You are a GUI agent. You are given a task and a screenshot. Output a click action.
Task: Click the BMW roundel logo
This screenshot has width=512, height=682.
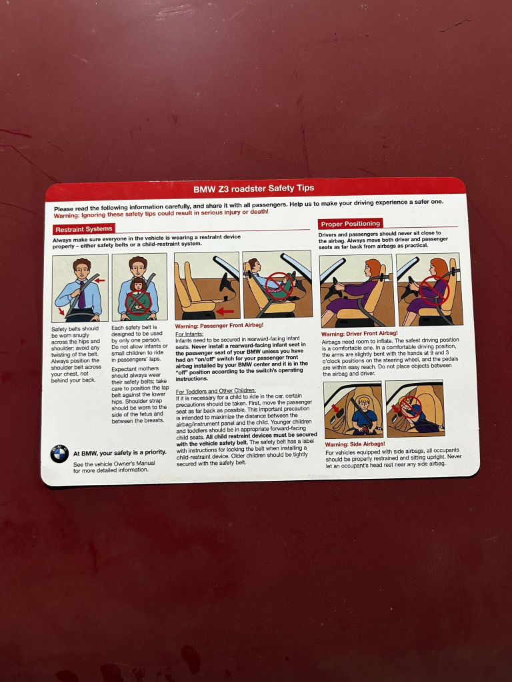(x=59, y=454)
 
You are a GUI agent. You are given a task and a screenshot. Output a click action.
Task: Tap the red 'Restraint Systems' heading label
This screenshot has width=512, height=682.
(x=83, y=229)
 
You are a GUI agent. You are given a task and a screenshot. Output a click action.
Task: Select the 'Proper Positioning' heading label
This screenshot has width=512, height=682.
(x=351, y=224)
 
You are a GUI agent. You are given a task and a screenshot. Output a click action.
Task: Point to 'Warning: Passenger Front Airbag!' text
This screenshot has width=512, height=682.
(x=219, y=325)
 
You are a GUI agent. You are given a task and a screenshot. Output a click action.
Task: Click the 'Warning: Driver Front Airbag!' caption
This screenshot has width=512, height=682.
(x=359, y=334)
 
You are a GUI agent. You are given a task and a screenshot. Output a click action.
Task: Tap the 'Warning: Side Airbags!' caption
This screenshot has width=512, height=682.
(x=355, y=444)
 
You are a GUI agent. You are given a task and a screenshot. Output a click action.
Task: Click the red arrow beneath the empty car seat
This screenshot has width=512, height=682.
(x=225, y=311)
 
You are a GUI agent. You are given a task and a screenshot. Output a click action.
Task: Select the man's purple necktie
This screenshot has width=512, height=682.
(x=81, y=295)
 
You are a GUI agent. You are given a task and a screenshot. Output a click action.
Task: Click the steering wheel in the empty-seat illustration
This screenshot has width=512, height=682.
(x=226, y=283)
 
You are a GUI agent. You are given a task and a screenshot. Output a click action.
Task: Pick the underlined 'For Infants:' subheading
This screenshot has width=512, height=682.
(x=189, y=334)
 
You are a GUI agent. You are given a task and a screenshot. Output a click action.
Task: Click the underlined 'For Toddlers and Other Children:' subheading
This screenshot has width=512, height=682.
(x=215, y=390)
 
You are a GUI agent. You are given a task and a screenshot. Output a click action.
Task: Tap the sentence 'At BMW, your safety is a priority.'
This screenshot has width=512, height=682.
(x=120, y=453)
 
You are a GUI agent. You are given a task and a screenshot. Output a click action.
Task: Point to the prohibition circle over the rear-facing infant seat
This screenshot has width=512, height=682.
(x=279, y=286)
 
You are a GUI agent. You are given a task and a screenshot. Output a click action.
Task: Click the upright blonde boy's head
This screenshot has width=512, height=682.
(x=363, y=402)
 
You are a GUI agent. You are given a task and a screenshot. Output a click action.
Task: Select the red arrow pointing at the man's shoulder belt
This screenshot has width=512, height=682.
(x=100, y=280)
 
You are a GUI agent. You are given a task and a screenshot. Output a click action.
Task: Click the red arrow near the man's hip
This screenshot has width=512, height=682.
(x=61, y=311)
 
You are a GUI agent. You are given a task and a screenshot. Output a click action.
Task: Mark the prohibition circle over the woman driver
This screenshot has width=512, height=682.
(x=434, y=290)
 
